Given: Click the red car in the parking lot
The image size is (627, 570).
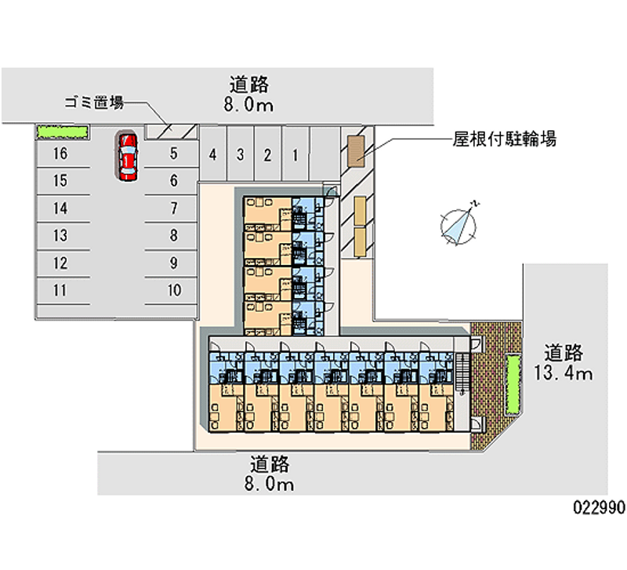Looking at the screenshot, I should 127,155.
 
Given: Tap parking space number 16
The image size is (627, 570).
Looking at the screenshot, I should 60,154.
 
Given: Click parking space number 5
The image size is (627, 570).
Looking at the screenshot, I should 174,154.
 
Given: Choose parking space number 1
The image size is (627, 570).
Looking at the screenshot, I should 295,154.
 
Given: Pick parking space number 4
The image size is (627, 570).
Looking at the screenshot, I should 212,154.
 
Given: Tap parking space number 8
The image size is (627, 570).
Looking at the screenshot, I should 174,235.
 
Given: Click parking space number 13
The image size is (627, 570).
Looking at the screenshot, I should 60,235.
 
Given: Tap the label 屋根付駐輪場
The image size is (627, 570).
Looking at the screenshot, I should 505,140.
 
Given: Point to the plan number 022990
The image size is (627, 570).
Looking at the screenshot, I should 598,507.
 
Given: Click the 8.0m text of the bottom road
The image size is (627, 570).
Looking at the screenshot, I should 270,485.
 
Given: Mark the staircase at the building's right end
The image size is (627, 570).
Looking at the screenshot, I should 462,374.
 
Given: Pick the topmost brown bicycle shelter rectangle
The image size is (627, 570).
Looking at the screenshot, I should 355,149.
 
